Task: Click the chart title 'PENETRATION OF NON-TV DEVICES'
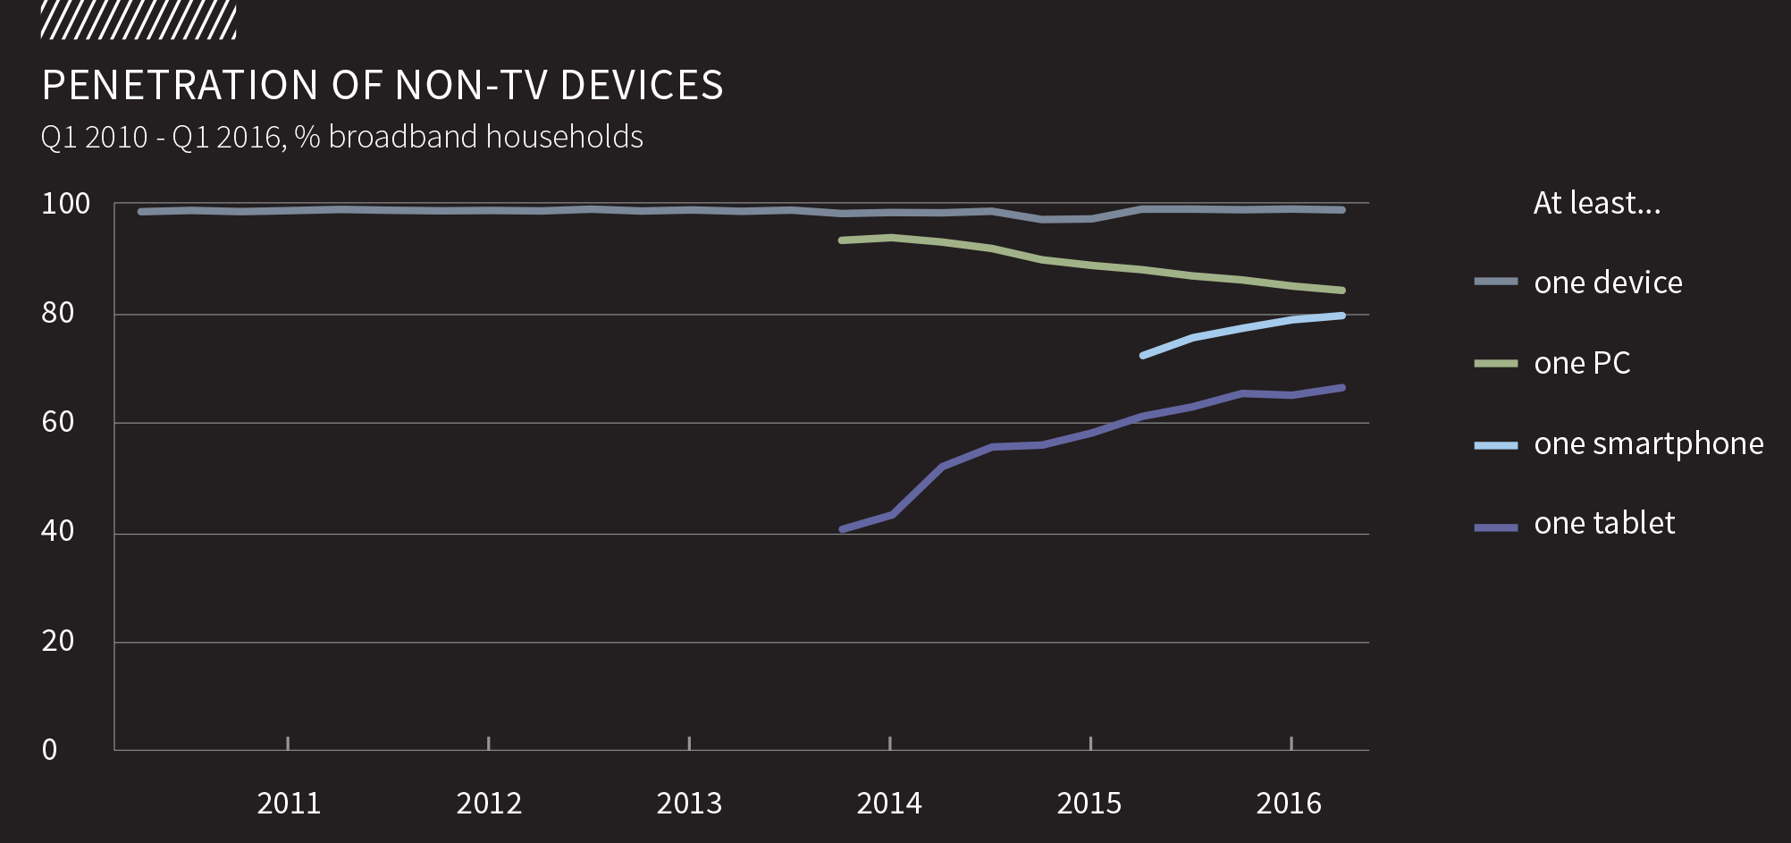[383, 86]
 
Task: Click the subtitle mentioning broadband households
[341, 137]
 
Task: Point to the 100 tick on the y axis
[66, 204]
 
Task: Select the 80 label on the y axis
[58, 313]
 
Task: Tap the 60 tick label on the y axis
[58, 422]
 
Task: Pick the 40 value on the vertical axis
[58, 531]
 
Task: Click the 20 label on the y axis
[58, 640]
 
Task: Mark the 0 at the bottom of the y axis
[50, 749]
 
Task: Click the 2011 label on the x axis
[289, 803]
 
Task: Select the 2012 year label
[489, 803]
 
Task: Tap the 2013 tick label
[689, 803]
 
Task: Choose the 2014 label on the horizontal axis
[889, 803]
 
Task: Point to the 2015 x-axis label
[1089, 803]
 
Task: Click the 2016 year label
[1289, 803]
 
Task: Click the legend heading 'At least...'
[1597, 204]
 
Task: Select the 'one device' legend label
[1608, 282]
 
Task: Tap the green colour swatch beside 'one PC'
[1496, 364]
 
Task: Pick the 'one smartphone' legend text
[1648, 443]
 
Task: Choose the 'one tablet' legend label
[1604, 523]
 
